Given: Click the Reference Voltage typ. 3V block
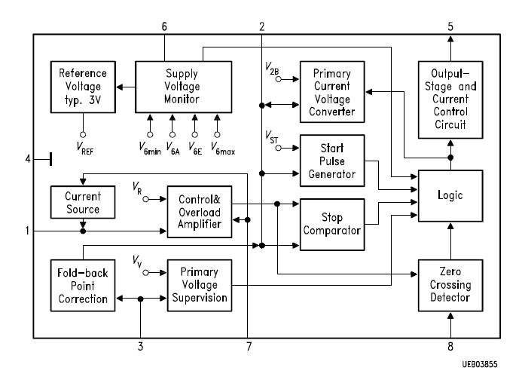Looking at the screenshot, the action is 83,87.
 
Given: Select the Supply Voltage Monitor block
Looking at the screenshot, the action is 184,87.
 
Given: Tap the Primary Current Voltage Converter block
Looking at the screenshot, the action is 332,92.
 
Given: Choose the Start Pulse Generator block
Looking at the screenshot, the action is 332,161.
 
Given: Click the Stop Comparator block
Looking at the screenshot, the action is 332,225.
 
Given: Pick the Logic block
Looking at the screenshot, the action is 450,196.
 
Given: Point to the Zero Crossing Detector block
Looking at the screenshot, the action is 450,285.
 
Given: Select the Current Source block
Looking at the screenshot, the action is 83,202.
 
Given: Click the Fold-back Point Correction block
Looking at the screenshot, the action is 83,286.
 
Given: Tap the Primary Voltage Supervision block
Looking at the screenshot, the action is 200,286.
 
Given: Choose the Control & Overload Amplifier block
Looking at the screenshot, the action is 200,212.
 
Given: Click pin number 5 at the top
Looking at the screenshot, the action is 450,26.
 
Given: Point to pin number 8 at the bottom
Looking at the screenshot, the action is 450,347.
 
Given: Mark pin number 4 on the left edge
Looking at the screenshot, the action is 28,159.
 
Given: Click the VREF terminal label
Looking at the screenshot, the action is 85,148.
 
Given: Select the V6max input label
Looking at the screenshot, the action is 223,148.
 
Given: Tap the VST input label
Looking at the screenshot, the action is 271,137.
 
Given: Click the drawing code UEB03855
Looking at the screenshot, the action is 480,364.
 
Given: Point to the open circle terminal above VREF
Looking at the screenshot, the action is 83,135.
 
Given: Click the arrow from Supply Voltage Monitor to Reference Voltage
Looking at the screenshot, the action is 126,87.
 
